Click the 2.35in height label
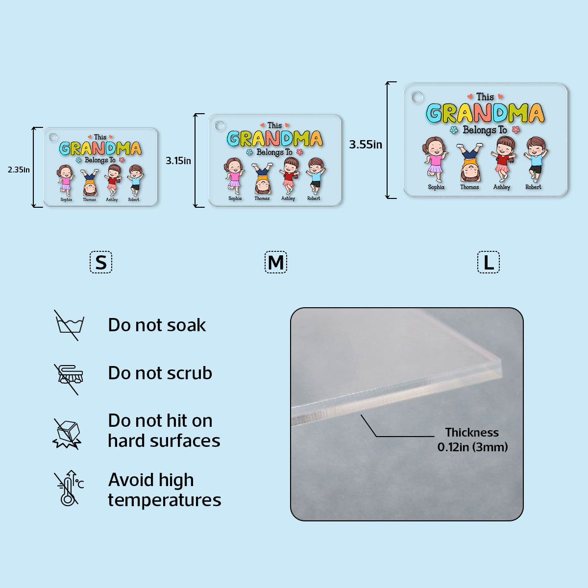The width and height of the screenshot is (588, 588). pyautogui.click(x=19, y=170)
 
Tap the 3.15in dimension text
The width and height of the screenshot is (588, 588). pyautogui.click(x=178, y=161)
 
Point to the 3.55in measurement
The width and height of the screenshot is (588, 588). pyautogui.click(x=366, y=145)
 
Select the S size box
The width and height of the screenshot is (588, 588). pyautogui.click(x=101, y=262)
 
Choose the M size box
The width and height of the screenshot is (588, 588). pyautogui.click(x=276, y=262)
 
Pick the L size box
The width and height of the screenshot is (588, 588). pyautogui.click(x=489, y=262)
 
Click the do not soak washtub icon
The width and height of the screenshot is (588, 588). pyautogui.click(x=69, y=325)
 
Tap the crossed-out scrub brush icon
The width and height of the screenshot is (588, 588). pyautogui.click(x=69, y=379)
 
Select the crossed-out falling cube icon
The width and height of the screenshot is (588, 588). pyautogui.click(x=68, y=434)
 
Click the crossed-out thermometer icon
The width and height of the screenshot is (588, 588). pyautogui.click(x=69, y=488)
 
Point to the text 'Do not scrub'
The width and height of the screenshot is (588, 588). pyautogui.click(x=160, y=373)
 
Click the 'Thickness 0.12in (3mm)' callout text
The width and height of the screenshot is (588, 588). pyautogui.click(x=472, y=440)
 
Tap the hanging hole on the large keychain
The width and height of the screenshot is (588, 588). pyautogui.click(x=417, y=98)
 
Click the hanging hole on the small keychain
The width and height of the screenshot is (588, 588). pyautogui.click(x=53, y=137)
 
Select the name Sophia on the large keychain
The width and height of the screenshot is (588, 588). pyautogui.click(x=436, y=187)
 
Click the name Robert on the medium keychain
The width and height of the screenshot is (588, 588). pyautogui.click(x=314, y=198)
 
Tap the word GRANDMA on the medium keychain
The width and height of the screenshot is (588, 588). pyautogui.click(x=274, y=139)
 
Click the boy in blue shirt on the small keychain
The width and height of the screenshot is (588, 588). pyautogui.click(x=135, y=180)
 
